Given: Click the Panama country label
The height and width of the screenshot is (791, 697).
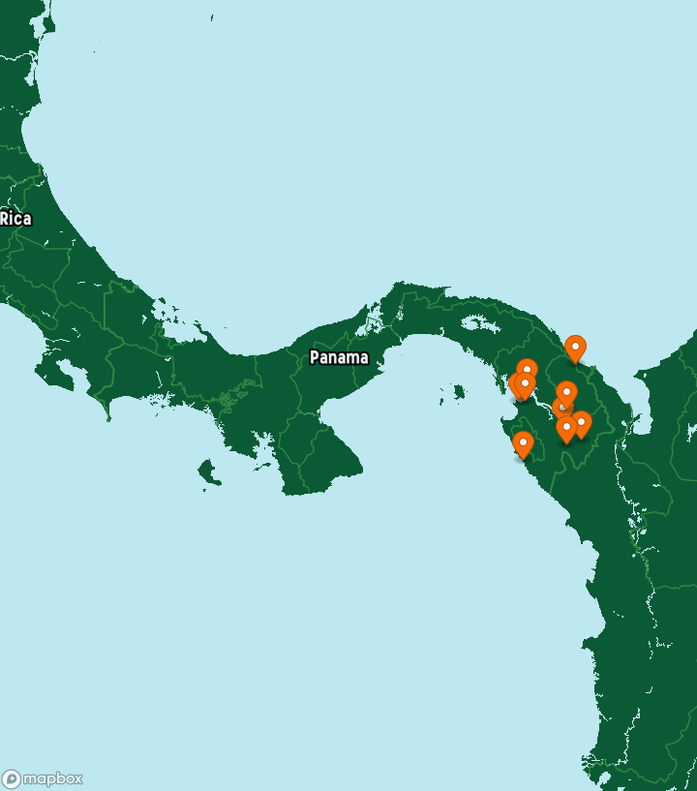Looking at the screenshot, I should point(339,357).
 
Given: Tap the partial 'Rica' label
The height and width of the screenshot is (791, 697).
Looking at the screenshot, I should point(15,219).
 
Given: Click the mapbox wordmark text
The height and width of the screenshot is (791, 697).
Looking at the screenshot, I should point(53,778).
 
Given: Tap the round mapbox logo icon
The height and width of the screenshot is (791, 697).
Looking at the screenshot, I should point(12,779).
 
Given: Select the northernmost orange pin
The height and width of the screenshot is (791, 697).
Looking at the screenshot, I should point(575,348).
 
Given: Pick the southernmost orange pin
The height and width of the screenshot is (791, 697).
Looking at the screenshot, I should point(523,444).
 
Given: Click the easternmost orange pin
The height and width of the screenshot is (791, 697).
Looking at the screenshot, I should point(581,423).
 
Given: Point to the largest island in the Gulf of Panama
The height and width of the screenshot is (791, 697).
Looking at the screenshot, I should point(451,393).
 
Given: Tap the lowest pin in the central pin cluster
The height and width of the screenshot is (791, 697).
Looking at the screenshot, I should point(566,428).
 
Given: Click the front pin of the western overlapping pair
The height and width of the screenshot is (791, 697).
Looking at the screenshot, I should point(525,385).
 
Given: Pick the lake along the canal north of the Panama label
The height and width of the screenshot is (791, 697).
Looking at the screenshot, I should point(372,324).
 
